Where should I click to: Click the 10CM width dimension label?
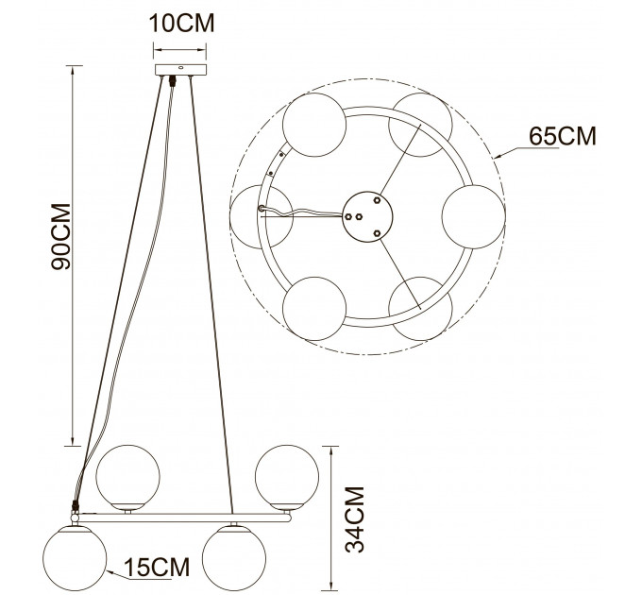(182, 23)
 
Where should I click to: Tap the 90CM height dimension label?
(61, 236)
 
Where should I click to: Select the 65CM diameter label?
(563, 136)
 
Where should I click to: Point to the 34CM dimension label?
(355, 519)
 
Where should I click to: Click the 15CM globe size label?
(157, 567)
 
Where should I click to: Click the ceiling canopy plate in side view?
(180, 70)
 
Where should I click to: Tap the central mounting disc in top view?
(367, 216)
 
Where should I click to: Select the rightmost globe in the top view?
(474, 216)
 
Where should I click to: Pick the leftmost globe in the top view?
(262, 216)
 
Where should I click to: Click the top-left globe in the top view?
(314, 125)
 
